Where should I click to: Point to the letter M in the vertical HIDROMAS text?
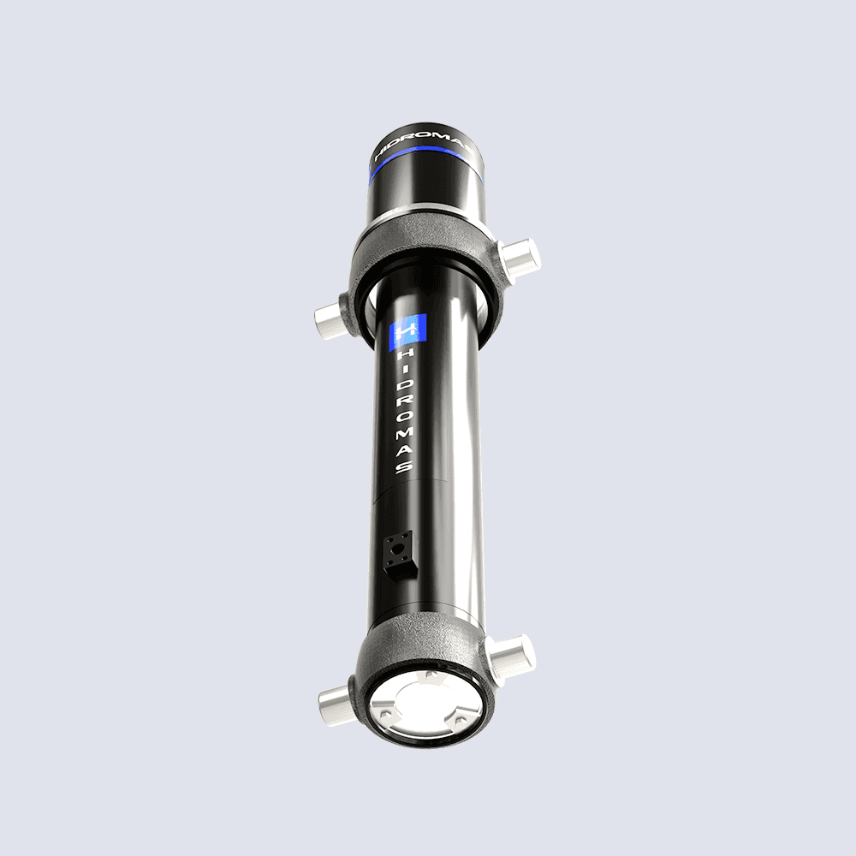pyautogui.click(x=406, y=433)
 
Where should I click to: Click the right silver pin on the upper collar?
pyautogui.click(x=519, y=257)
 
